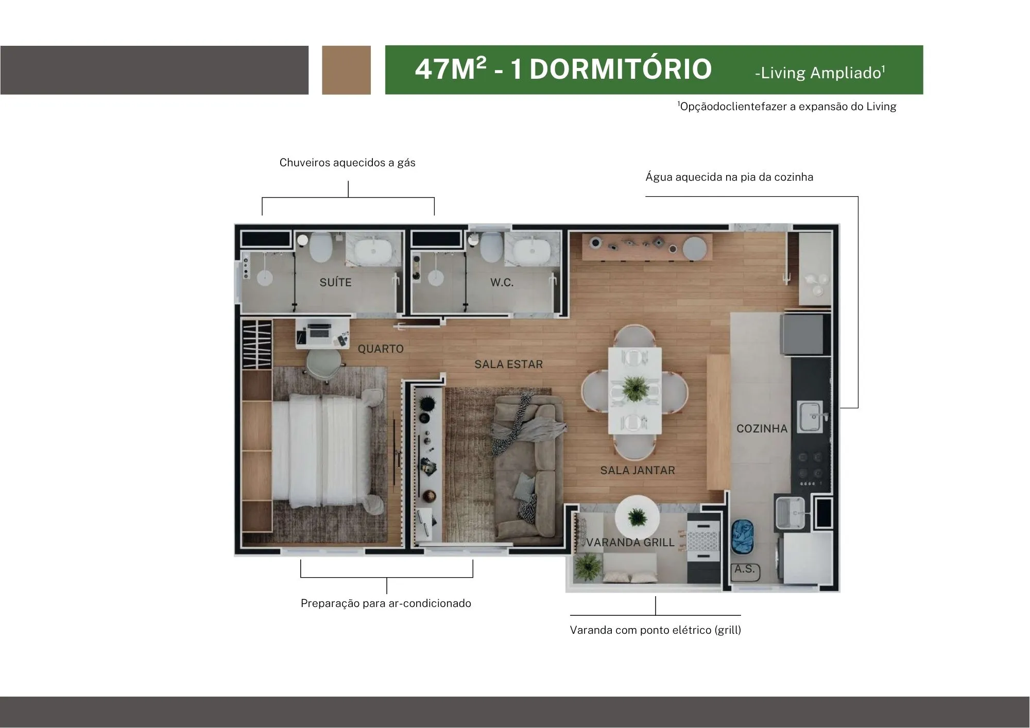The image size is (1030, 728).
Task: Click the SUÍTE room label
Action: (335, 282)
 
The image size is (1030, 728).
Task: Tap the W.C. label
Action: (502, 282)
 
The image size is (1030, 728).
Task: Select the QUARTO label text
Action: (381, 349)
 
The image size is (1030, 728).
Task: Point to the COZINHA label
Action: (762, 428)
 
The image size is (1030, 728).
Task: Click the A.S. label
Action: (745, 569)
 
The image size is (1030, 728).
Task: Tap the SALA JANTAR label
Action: (638, 470)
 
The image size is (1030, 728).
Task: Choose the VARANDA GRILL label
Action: (630, 542)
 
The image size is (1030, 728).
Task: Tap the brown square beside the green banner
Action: (346, 70)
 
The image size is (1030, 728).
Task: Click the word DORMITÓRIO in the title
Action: (621, 69)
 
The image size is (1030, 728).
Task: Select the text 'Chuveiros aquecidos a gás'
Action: (347, 163)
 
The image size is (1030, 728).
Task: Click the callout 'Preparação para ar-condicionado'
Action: (386, 603)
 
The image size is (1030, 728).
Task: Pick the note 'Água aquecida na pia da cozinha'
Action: (729, 177)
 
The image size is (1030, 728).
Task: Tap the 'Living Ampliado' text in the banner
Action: (820, 73)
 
